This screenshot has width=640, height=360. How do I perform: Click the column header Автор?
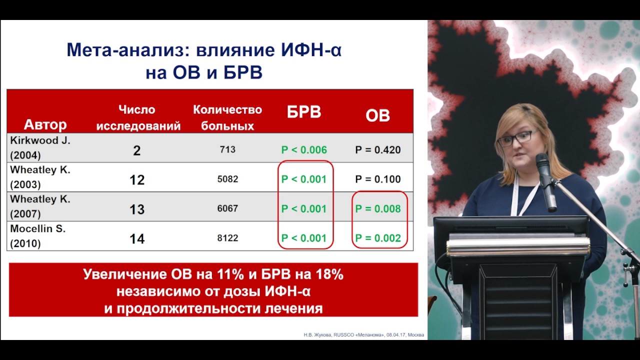coord(45,124)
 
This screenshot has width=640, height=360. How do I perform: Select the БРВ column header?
coord(303,112)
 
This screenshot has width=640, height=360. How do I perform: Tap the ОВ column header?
coord(377,115)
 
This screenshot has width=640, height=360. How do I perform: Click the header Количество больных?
coord(227,117)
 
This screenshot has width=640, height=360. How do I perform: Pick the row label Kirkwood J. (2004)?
coord(40,147)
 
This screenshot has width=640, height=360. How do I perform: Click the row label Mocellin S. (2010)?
coord(38,236)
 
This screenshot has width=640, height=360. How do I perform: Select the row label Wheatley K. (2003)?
coord(40,177)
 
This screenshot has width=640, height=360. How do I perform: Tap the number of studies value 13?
coord(137,209)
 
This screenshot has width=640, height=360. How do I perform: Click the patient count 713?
coord(227,149)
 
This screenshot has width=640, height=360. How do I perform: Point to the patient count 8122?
coord(227,238)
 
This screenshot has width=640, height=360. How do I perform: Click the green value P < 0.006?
coord(304,150)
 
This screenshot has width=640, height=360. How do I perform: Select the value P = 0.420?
coord(377,150)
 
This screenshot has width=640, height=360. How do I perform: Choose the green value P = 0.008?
coord(378,209)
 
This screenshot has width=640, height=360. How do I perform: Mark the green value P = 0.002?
coord(378,238)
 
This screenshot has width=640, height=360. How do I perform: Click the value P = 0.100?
coord(377,179)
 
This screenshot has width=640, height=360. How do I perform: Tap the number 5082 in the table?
coord(227,179)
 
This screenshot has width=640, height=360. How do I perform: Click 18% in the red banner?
coord(329,274)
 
